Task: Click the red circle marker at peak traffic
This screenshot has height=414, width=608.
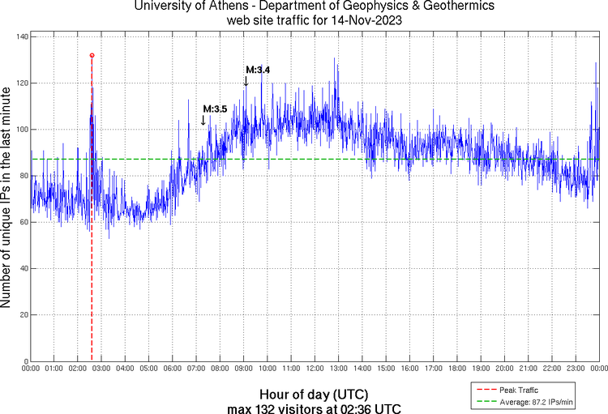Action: (92, 55)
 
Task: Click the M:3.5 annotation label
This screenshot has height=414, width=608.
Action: (215, 109)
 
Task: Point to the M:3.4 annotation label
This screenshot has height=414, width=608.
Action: (258, 70)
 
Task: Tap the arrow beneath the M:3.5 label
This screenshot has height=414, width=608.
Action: (203, 120)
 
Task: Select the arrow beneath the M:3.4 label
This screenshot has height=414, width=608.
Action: (246, 80)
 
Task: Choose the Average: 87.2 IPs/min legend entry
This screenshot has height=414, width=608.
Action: (534, 401)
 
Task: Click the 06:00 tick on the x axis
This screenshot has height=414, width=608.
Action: (173, 369)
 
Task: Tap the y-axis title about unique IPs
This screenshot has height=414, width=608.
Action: (7, 199)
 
